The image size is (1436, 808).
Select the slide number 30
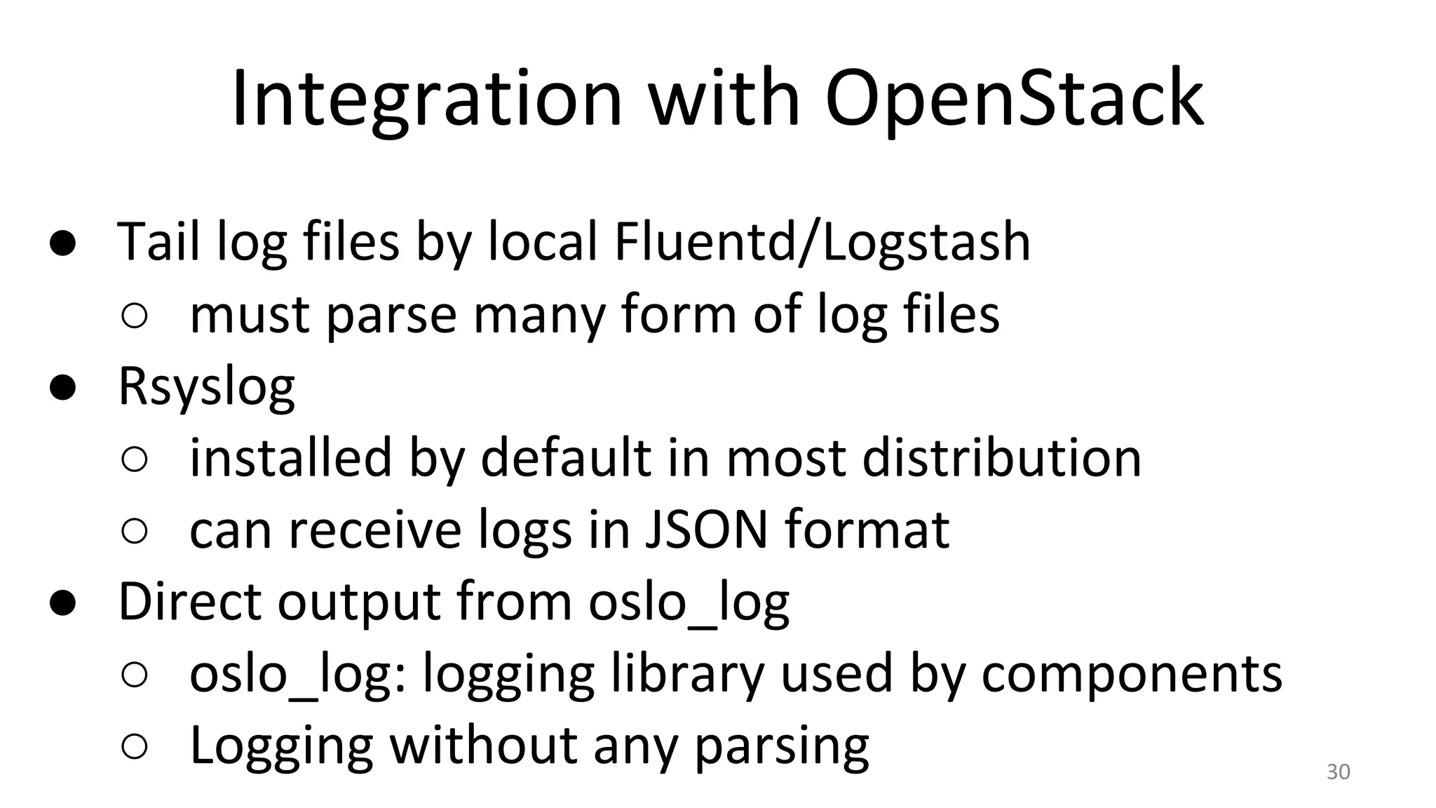click(x=1338, y=772)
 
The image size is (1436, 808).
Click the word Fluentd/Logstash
click(x=822, y=242)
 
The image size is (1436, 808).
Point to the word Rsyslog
click(x=207, y=388)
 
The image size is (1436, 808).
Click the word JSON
click(x=705, y=530)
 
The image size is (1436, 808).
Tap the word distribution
click(x=1001, y=458)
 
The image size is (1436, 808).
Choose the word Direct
click(x=189, y=602)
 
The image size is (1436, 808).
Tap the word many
click(x=538, y=316)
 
